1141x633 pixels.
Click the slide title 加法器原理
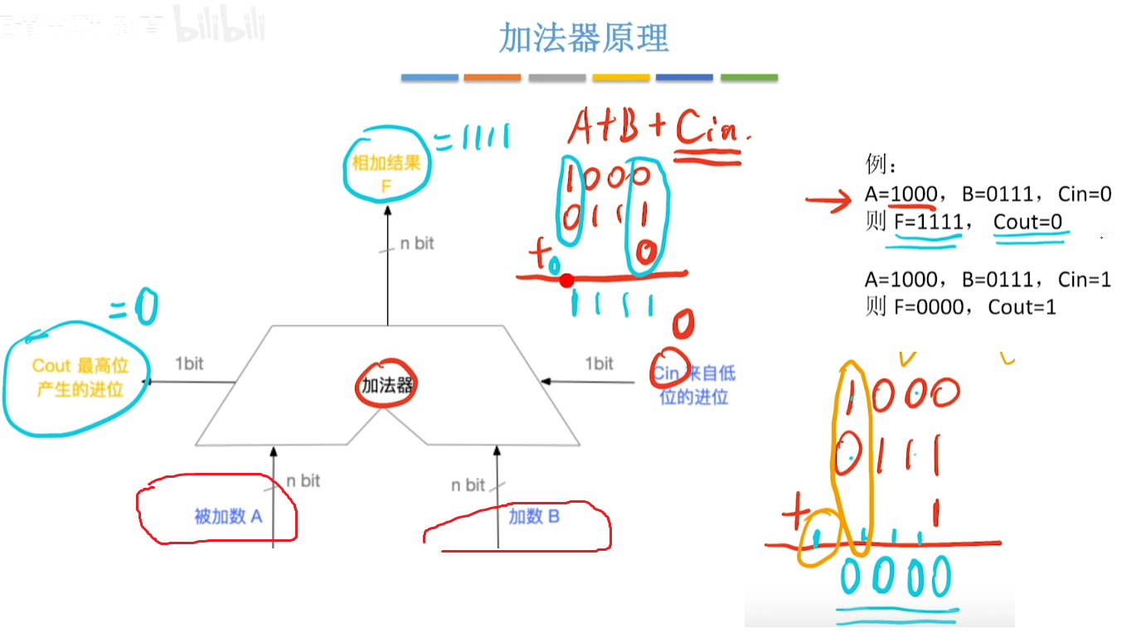584,37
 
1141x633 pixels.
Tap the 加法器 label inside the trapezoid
387,385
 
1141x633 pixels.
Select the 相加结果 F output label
386,174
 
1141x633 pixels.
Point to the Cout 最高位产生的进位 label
80,377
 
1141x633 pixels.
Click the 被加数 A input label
228,517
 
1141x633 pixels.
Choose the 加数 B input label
534,517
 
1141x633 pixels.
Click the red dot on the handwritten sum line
566,280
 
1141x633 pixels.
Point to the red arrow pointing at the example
828,199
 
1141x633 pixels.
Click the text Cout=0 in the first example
1027,222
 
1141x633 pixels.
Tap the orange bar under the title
493,78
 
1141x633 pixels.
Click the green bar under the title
749,78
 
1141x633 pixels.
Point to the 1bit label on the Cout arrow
189,363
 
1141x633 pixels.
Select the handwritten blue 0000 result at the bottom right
896,576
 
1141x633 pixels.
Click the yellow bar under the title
621,78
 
